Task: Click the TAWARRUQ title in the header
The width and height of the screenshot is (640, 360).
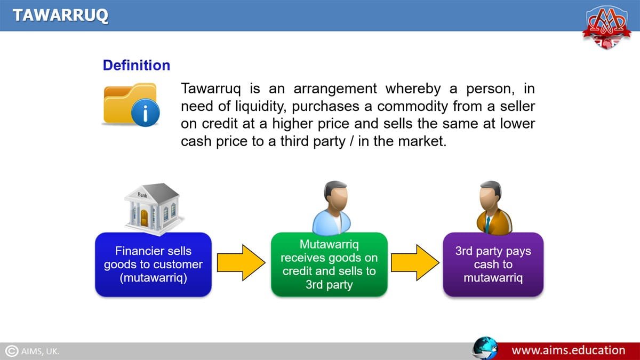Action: (x=60, y=15)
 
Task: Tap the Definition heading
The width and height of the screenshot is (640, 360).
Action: (x=137, y=65)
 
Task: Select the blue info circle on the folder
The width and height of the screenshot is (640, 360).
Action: (x=145, y=113)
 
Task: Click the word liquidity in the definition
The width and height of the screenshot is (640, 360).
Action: (x=260, y=106)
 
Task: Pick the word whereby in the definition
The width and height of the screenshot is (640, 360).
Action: (x=413, y=89)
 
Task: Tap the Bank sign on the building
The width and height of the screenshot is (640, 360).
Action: (x=142, y=195)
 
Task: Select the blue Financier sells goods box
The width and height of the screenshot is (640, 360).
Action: (x=154, y=265)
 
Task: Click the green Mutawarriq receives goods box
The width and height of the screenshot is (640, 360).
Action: (x=329, y=265)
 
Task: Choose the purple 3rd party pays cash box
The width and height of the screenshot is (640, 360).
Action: (x=493, y=265)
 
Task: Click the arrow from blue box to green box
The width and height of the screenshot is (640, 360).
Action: (x=241, y=262)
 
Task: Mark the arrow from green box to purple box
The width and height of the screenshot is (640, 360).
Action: (x=415, y=262)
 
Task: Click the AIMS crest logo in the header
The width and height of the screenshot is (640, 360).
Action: (x=606, y=27)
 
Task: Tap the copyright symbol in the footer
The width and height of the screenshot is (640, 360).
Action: (x=11, y=351)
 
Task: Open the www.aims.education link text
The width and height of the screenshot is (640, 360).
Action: (x=569, y=350)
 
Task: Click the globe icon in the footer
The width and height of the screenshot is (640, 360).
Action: (x=485, y=348)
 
